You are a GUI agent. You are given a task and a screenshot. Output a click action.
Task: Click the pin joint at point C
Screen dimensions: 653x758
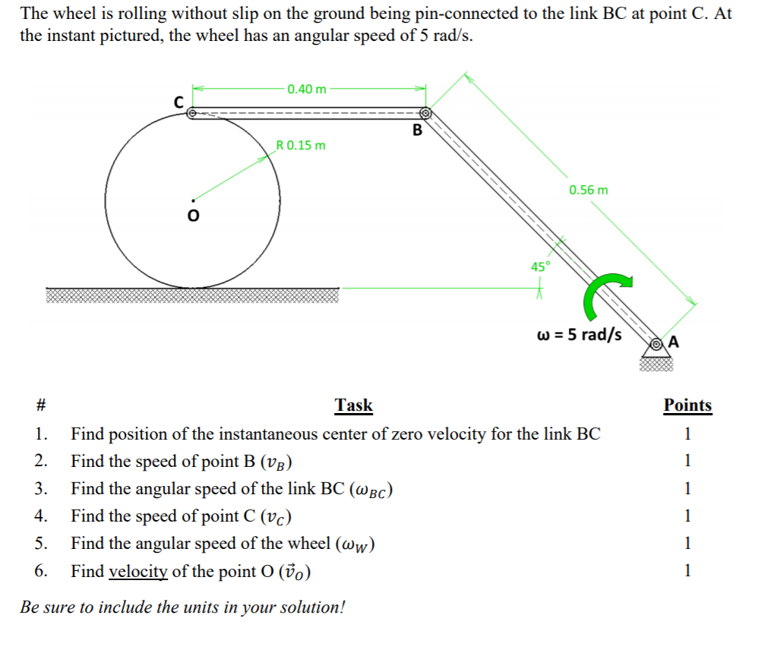click(x=192, y=113)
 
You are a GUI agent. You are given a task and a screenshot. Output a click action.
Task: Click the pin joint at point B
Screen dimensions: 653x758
click(x=425, y=113)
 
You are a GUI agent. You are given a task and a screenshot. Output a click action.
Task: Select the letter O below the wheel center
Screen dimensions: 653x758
click(x=192, y=217)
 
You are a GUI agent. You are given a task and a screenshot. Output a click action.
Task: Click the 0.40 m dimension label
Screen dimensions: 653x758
click(x=307, y=89)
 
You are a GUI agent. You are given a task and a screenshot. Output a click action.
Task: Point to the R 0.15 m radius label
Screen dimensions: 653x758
click(x=301, y=145)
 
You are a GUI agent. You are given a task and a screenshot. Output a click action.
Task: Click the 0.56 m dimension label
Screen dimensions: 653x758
click(x=588, y=189)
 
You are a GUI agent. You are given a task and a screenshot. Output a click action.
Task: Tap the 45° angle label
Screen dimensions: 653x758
click(x=540, y=267)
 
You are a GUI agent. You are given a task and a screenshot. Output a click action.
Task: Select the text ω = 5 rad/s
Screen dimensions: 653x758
click(x=579, y=334)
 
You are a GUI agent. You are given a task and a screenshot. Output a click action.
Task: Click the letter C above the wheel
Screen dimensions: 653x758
click(x=178, y=99)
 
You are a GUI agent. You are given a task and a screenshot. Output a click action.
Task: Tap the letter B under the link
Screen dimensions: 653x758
click(x=416, y=130)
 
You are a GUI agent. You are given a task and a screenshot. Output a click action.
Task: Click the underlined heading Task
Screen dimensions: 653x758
click(x=354, y=405)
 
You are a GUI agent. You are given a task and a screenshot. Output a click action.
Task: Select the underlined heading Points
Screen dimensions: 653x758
click(x=687, y=405)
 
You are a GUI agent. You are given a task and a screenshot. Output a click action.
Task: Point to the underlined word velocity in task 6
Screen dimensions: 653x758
click(x=137, y=571)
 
